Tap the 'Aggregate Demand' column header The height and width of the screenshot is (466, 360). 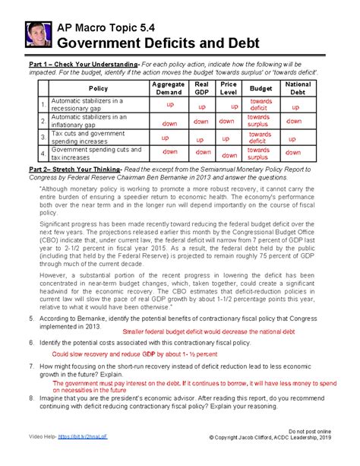pos(168,88)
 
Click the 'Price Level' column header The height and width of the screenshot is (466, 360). pos(229,88)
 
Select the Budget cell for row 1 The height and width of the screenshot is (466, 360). pos(261,105)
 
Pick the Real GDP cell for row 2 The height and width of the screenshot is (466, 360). pos(201,122)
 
